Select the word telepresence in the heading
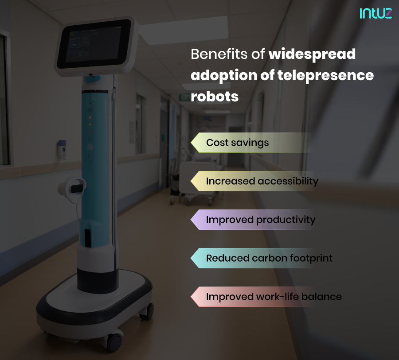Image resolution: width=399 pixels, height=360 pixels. [325, 75]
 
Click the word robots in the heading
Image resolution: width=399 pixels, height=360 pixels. [215, 96]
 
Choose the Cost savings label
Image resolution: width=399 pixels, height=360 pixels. [237, 143]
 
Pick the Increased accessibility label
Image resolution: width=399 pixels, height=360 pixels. [262, 181]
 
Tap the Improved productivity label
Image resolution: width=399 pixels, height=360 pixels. [261, 220]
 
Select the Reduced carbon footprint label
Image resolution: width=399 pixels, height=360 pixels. [269, 258]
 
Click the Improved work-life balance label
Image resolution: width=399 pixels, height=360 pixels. [274, 296]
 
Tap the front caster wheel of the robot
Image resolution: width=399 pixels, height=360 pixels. [113, 341]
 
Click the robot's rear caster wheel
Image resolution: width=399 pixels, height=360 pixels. [146, 311]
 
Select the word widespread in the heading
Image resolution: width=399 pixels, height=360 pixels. [312, 54]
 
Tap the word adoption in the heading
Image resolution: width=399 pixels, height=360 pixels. [224, 75]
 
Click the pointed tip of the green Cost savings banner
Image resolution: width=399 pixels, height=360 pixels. [192, 143]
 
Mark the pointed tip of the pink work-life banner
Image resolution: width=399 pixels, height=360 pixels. [192, 296]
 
